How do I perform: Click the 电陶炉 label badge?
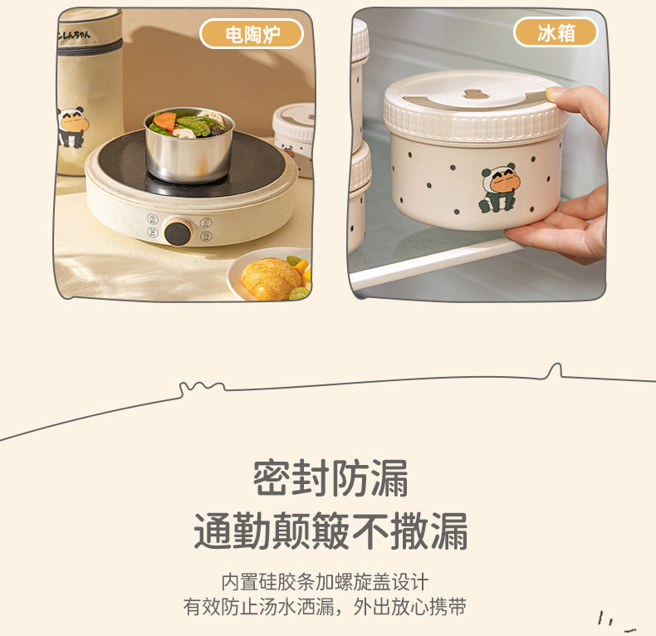(252, 34)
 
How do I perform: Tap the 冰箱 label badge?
(556, 32)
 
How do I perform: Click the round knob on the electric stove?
(178, 231)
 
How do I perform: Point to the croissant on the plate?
(271, 278)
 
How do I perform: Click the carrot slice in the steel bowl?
(165, 120)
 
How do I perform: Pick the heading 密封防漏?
(330, 478)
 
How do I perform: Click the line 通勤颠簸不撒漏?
(330, 531)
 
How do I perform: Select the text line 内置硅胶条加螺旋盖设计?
(325, 581)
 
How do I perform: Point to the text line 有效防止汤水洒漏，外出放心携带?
(325, 607)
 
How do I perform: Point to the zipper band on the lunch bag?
(90, 46)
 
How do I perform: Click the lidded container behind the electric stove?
(294, 138)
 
